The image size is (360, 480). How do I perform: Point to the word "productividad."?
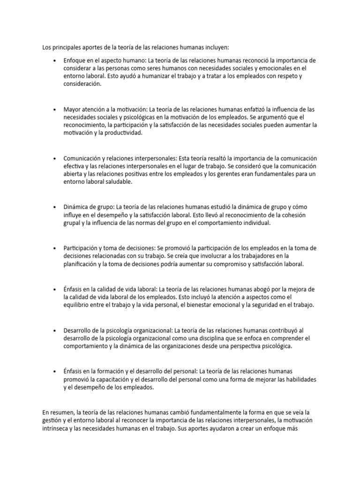coord(122,133)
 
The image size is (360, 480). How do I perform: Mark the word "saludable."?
coord(116,182)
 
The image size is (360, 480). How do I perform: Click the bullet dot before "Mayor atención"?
coord(55,110)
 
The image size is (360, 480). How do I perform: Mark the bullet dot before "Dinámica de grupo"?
coord(55,207)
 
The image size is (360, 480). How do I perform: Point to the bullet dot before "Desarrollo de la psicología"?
coord(55,330)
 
